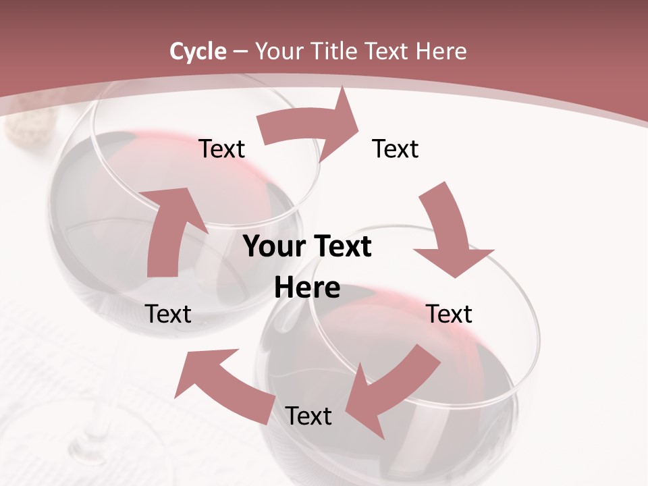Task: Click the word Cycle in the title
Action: coord(198,51)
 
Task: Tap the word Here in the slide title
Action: coord(441,51)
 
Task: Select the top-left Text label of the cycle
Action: coord(221,148)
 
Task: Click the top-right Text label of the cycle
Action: coord(396,148)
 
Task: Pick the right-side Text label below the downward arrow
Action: coord(449,314)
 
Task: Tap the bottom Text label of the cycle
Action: coord(308,416)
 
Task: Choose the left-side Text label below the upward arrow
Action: coord(169,314)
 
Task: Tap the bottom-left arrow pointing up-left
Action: coord(223,385)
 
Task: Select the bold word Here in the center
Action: coord(307,288)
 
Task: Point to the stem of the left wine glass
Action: coord(91,432)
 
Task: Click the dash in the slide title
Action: coord(240,51)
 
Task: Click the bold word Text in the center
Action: coord(341,246)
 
